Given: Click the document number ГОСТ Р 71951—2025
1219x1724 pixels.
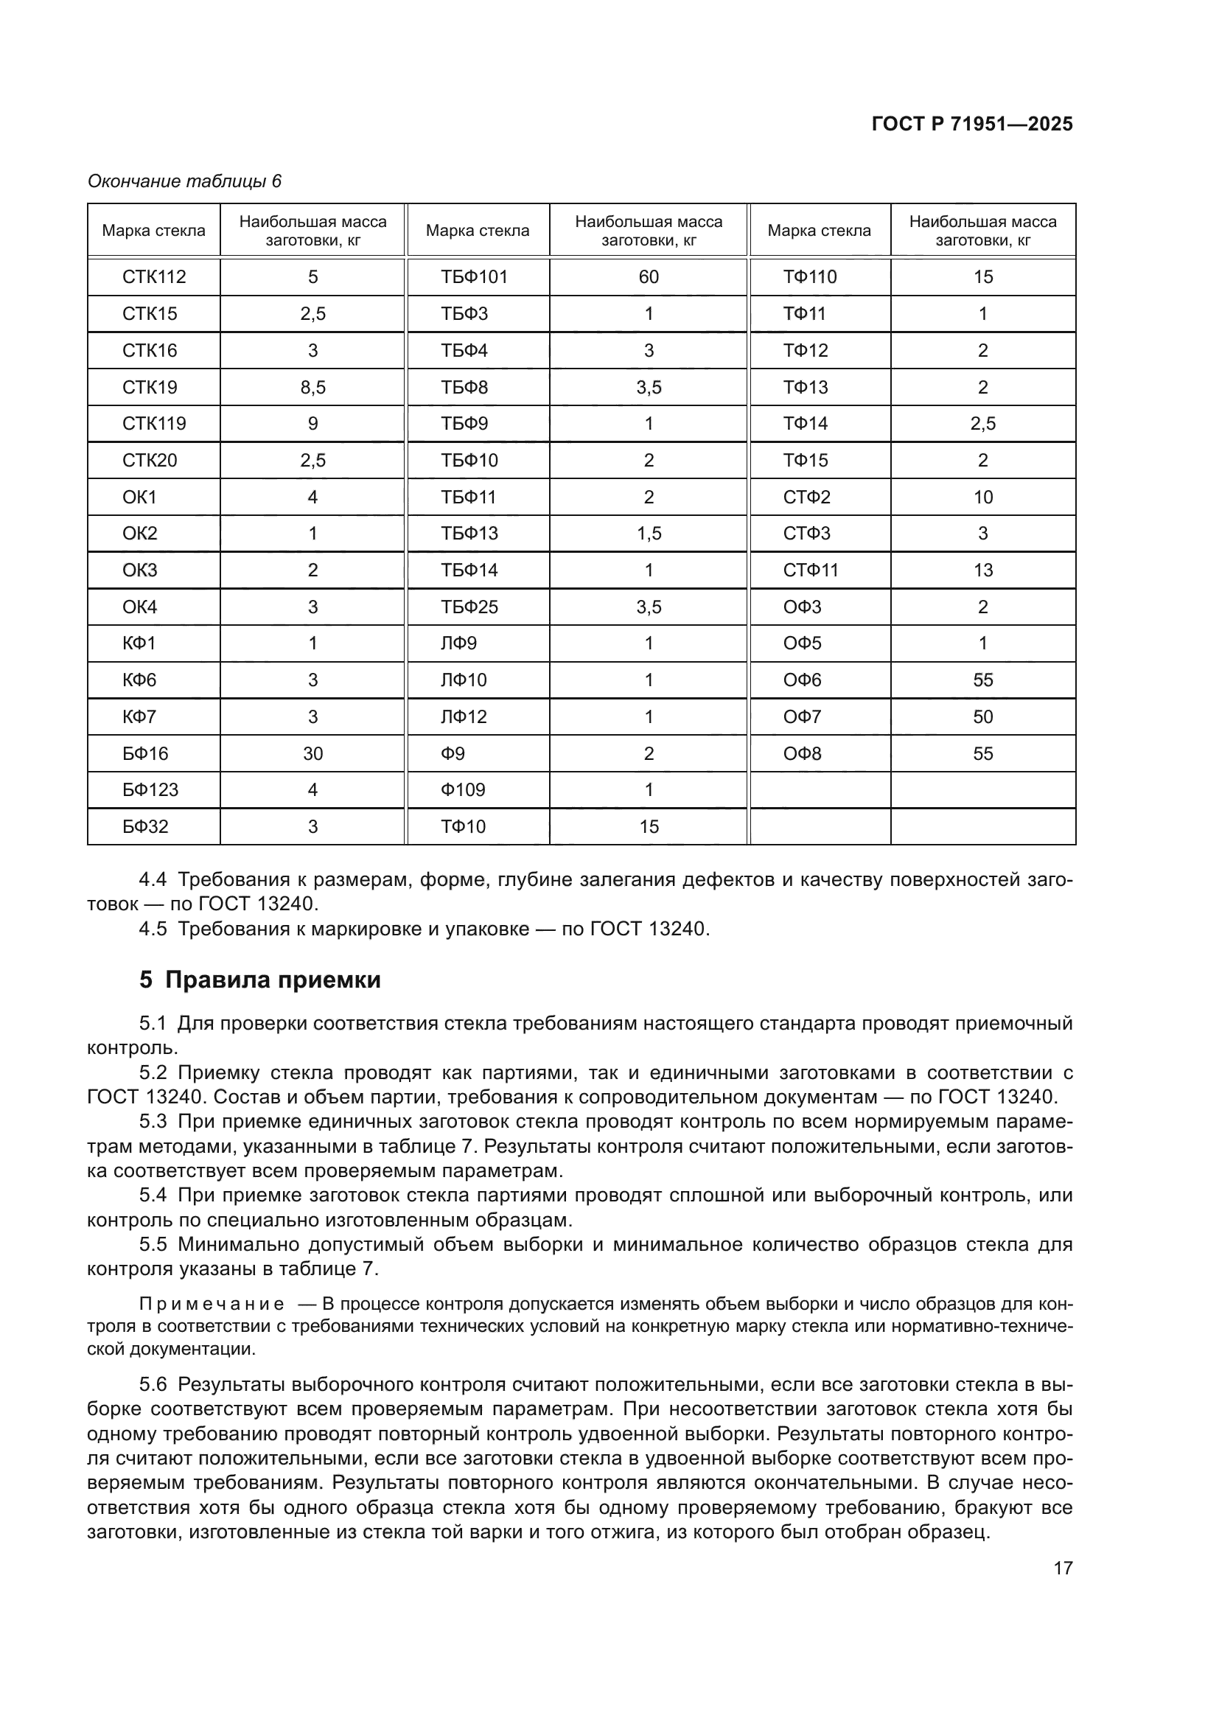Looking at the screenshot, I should click(x=972, y=125).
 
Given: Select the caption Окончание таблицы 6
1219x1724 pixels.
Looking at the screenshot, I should click(x=184, y=181).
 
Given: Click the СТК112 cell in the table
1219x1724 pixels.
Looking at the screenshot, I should click(x=154, y=277).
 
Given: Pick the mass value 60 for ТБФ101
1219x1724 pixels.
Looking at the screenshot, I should click(x=649, y=277).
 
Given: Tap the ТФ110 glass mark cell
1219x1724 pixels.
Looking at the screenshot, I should click(x=810, y=277).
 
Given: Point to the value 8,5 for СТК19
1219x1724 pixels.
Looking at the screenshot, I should click(x=312, y=388).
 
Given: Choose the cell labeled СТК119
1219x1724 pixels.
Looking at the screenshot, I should click(x=154, y=424).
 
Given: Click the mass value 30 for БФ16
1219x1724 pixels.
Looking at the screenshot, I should click(x=312, y=753).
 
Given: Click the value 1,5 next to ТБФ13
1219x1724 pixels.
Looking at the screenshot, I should click(x=649, y=534).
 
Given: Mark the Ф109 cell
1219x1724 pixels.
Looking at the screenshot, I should click(x=463, y=790).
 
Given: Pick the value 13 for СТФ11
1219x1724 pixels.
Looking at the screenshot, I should click(x=982, y=570).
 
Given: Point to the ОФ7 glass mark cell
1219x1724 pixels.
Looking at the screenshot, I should click(x=802, y=717).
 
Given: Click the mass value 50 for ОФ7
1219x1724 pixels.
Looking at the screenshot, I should click(x=982, y=717).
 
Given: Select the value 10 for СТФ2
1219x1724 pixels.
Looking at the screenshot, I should click(x=982, y=497).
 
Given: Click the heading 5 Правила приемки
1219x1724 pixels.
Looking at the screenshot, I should click(x=259, y=980).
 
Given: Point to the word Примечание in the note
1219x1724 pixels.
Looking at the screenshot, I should click(x=212, y=1304).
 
